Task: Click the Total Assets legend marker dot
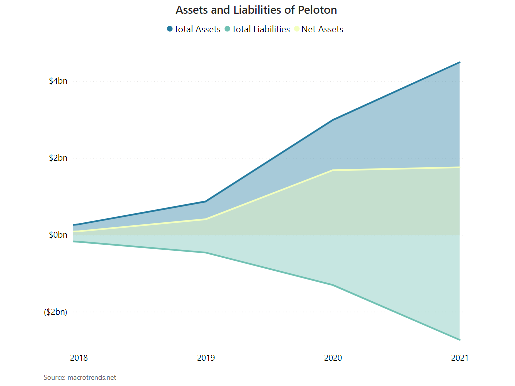(170, 29)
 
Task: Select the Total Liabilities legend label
(261, 29)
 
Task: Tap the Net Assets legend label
(322, 29)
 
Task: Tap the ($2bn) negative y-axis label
(55, 312)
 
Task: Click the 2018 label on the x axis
(79, 358)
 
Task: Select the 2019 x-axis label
(206, 358)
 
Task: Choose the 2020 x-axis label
(333, 358)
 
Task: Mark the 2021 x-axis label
(460, 358)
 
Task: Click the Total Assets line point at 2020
(333, 120)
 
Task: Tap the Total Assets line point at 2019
(206, 201)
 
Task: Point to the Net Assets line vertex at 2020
(333, 170)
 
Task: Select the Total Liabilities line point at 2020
(333, 285)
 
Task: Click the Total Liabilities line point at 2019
(206, 253)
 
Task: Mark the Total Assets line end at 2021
(459, 62)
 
